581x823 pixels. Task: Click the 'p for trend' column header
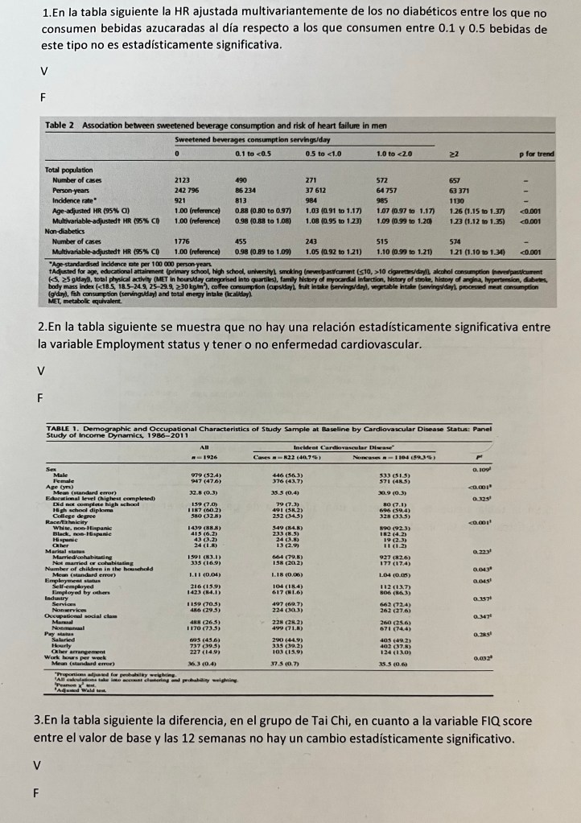(x=537, y=153)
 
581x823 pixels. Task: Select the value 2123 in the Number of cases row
(x=184, y=181)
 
